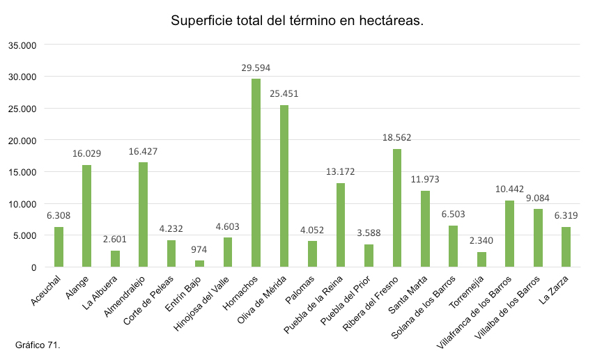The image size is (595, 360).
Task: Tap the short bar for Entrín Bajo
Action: [200, 263]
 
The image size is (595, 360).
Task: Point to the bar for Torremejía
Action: [481, 259]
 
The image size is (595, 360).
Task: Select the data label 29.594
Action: [256, 68]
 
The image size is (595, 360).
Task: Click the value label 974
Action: [200, 249]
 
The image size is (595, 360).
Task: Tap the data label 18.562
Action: [397, 138]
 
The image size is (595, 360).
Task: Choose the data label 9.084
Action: [538, 198]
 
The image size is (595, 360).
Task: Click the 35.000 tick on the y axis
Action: [22, 45]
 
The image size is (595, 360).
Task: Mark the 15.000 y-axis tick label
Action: [22, 172]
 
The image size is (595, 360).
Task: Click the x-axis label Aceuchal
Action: [47, 289]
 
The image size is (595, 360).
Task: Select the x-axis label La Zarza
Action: [555, 288]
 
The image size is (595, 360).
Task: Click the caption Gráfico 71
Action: [38, 345]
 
